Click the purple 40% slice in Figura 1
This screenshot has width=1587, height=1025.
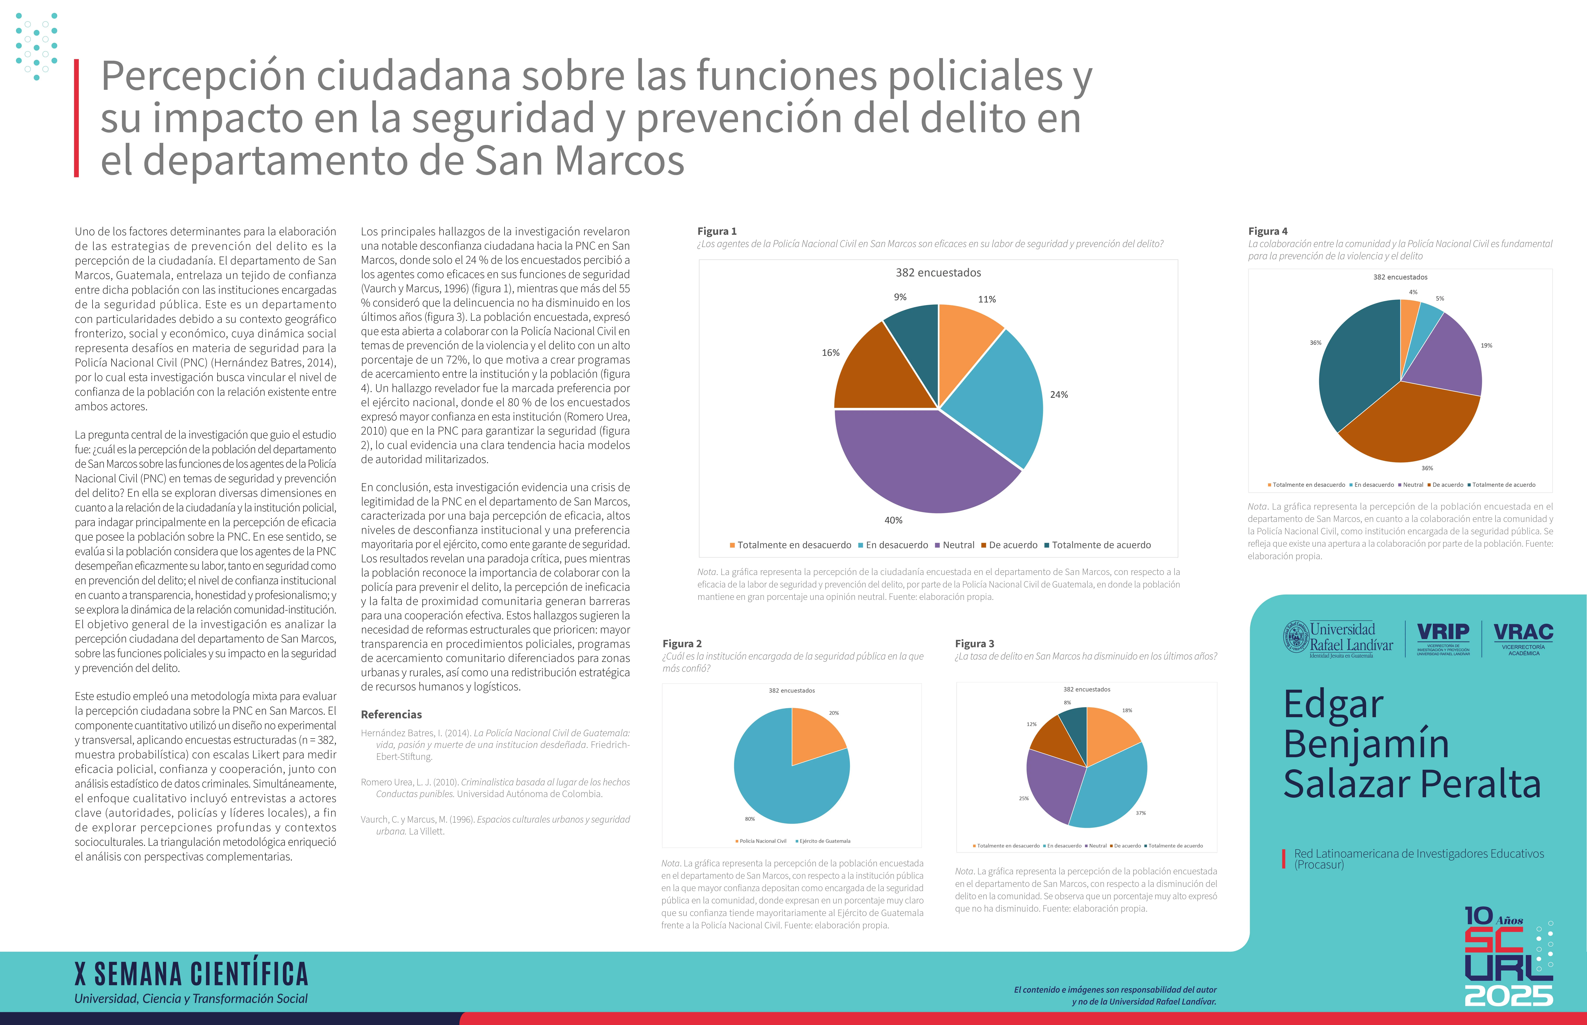pos(919,459)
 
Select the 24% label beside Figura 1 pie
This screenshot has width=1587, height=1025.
pos(1058,395)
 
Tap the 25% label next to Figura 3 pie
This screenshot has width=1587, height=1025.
pos(1024,798)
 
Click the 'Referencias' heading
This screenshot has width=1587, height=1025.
pos(391,714)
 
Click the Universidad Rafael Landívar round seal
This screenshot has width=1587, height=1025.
pos(1295,637)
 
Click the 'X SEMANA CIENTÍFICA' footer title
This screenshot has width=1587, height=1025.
pos(192,974)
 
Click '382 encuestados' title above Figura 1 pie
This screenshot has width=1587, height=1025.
pos(938,272)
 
